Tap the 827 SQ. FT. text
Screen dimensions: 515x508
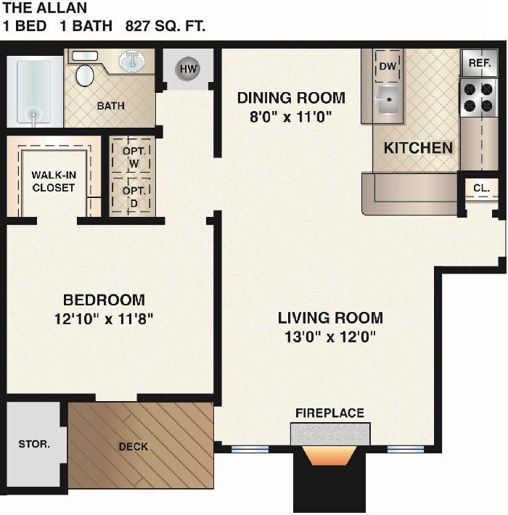[x=165, y=27]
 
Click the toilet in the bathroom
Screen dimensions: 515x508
[x=86, y=73]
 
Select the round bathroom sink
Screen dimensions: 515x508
[x=132, y=61]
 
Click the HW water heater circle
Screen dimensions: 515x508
[x=188, y=69]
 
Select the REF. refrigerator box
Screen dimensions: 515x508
[x=480, y=63]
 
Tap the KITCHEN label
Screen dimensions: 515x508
[x=418, y=148]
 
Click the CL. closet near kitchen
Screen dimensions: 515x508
[x=481, y=188]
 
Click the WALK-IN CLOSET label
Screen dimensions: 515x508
[x=53, y=181]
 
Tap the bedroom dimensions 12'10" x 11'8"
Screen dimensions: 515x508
[x=104, y=318]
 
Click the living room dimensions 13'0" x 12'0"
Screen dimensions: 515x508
[x=330, y=337]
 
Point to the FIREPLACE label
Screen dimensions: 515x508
[x=329, y=413]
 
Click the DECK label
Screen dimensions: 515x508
[x=133, y=446]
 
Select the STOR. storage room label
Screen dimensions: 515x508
[x=33, y=443]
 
